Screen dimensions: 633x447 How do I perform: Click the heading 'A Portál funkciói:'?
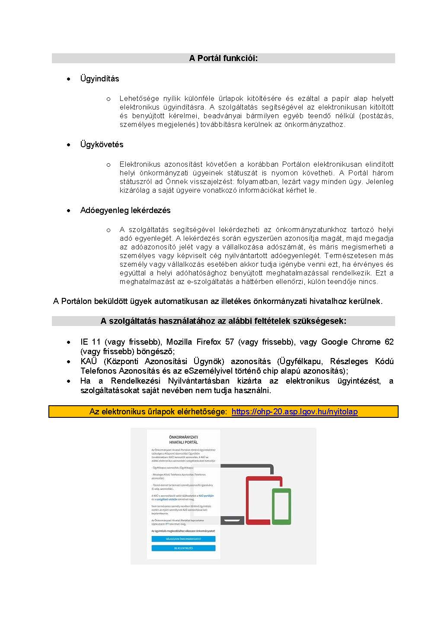coord(223,58)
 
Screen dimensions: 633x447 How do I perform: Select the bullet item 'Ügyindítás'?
coord(99,78)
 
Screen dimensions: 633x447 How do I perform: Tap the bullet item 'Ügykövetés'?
coord(102,144)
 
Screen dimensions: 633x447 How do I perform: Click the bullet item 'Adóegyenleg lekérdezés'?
coord(125,210)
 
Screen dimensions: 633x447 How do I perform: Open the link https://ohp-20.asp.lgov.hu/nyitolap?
coord(294,411)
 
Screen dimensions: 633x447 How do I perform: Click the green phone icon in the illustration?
coord(281,506)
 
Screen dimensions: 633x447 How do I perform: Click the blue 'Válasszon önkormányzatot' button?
coord(183,539)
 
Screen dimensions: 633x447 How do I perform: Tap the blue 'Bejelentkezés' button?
coord(183,548)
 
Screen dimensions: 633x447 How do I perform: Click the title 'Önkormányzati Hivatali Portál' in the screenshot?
coord(183,439)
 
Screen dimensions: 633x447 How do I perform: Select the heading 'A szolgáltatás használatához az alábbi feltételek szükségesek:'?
coord(223,321)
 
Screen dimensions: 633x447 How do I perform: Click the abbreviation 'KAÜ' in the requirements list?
coord(89,361)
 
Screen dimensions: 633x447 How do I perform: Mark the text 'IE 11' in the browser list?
coord(90,342)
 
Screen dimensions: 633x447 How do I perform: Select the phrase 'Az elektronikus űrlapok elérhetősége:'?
coord(158,411)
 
